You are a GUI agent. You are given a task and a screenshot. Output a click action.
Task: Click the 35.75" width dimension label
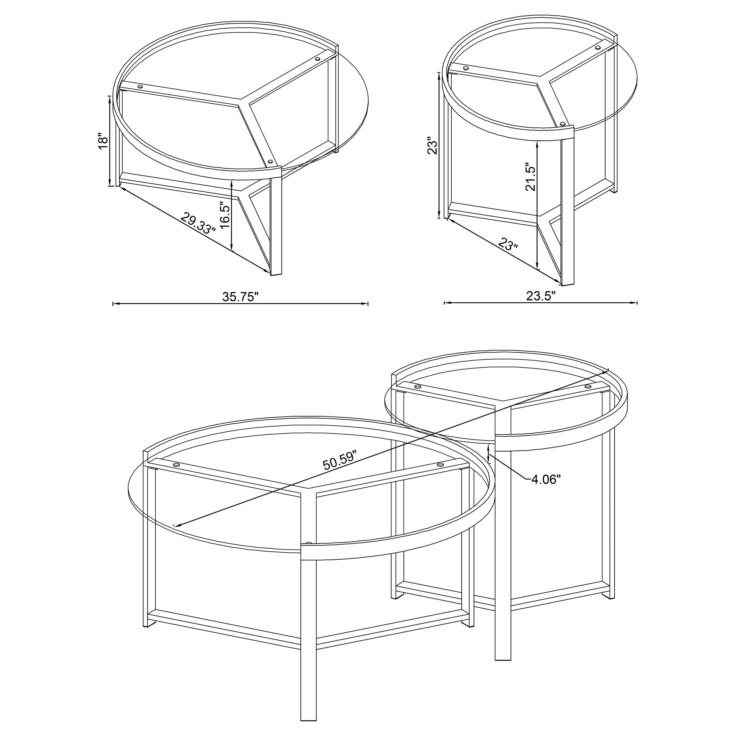click(x=241, y=297)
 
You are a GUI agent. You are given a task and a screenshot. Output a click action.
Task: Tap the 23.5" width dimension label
click(x=541, y=296)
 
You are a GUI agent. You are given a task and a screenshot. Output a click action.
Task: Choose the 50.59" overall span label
click(x=340, y=460)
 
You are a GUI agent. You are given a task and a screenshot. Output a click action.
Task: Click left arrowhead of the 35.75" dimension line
click(x=115, y=304)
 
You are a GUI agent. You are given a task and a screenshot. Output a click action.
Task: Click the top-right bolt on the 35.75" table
click(x=318, y=59)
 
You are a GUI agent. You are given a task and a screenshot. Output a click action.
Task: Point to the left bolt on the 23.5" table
click(x=465, y=68)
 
